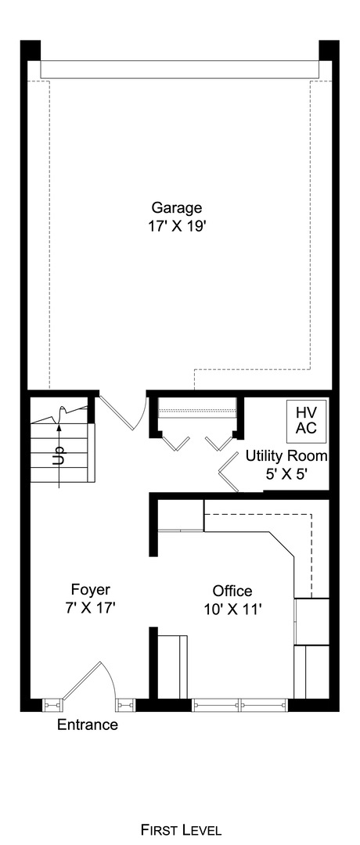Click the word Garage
pyautogui.click(x=177, y=208)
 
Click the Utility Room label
pyautogui.click(x=286, y=456)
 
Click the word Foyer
pyautogui.click(x=90, y=589)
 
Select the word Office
pyautogui.click(x=232, y=591)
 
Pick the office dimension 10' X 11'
pyautogui.click(x=232, y=608)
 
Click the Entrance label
pyautogui.click(x=88, y=725)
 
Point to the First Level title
pyautogui.click(x=181, y=829)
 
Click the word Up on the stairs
pyautogui.click(x=59, y=456)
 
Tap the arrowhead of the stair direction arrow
pyautogui.click(x=59, y=426)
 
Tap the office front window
pyautogui.click(x=240, y=705)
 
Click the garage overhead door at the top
pyautogui.click(x=180, y=70)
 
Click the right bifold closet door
pyautogui.click(x=219, y=444)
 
